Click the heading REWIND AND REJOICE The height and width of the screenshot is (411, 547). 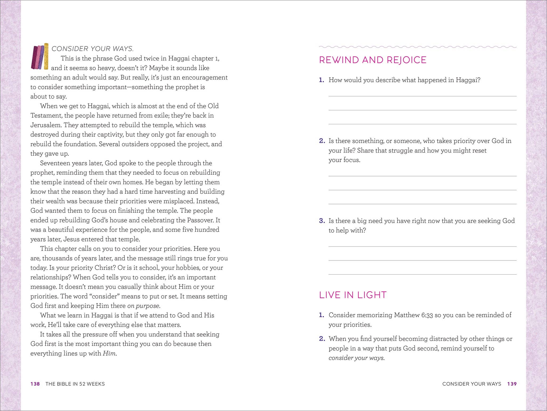point(372,60)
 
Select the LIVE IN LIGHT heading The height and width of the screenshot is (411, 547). point(352,295)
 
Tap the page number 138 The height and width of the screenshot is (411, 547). point(35,384)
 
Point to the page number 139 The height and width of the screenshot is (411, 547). point(512,384)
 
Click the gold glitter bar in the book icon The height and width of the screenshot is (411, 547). point(46,56)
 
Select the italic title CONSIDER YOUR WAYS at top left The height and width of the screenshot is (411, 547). point(92,49)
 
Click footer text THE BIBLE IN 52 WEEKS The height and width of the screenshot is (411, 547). point(75,384)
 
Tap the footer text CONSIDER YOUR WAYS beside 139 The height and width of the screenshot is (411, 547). point(472,384)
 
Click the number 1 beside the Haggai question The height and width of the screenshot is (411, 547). point(321,80)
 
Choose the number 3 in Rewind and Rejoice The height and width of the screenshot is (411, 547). point(322,221)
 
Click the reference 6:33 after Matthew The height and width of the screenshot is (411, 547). point(427,315)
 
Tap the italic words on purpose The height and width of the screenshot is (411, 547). point(143,306)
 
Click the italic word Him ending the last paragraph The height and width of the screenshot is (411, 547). point(109,353)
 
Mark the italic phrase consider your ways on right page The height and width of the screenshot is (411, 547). point(356,358)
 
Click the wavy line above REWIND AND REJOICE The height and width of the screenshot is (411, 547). point(418,47)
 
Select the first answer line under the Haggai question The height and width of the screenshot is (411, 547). point(422,96)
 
